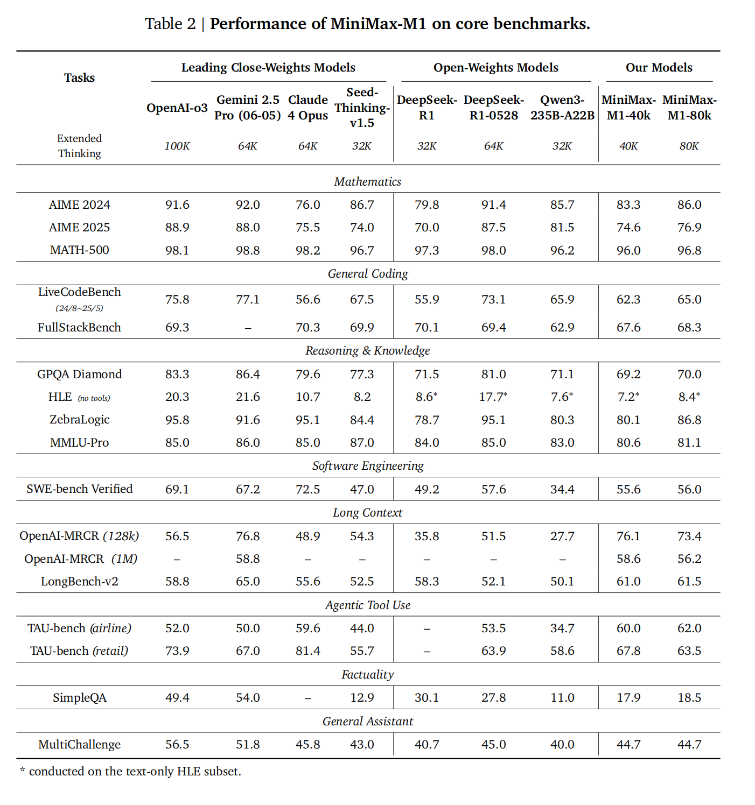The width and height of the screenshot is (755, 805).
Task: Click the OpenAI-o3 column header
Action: (177, 108)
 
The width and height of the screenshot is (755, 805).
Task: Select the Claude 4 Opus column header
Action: (307, 108)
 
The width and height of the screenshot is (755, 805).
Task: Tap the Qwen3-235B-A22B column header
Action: (562, 108)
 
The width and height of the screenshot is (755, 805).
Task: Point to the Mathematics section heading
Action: (367, 182)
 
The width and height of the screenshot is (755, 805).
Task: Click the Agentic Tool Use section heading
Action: (367, 605)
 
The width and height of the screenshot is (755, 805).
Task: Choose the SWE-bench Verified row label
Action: (79, 489)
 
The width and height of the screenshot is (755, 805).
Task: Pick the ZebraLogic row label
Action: (79, 420)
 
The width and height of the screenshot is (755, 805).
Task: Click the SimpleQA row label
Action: (79, 698)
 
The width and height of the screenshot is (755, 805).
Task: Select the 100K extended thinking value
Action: (177, 146)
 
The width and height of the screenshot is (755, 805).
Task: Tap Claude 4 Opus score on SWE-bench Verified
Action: (307, 490)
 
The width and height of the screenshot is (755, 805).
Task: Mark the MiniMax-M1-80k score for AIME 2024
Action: (689, 205)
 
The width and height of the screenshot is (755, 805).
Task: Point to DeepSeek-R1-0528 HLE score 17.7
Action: (493, 397)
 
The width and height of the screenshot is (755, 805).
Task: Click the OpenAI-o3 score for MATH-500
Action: (177, 251)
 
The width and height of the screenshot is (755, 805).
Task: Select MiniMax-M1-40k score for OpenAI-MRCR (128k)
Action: (628, 536)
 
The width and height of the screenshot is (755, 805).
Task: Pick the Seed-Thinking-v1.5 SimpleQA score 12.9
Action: (362, 698)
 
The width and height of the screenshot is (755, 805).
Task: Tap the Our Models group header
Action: (659, 68)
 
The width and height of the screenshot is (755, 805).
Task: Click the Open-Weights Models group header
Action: (495, 68)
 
